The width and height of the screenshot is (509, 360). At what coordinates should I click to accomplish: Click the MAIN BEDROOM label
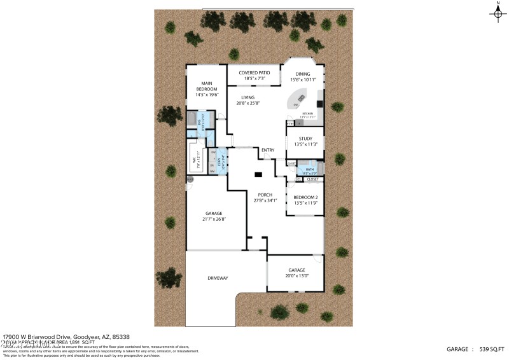(x=207, y=83)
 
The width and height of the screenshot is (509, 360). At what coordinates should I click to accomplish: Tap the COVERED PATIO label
(x=254, y=73)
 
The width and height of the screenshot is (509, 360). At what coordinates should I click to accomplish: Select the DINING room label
(x=302, y=74)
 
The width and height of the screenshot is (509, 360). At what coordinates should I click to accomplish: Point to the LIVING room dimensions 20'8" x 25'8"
(x=248, y=103)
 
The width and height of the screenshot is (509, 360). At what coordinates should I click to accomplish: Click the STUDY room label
(x=305, y=138)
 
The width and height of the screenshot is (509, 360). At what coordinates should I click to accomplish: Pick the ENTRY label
(x=268, y=150)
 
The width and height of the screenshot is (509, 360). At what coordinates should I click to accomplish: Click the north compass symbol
(x=497, y=15)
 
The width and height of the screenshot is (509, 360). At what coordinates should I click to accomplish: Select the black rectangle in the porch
(x=258, y=174)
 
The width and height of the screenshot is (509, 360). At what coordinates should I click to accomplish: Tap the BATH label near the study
(x=310, y=169)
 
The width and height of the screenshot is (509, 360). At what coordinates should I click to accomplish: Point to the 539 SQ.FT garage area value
(x=493, y=349)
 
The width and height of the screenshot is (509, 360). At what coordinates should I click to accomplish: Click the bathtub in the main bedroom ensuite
(x=191, y=120)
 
